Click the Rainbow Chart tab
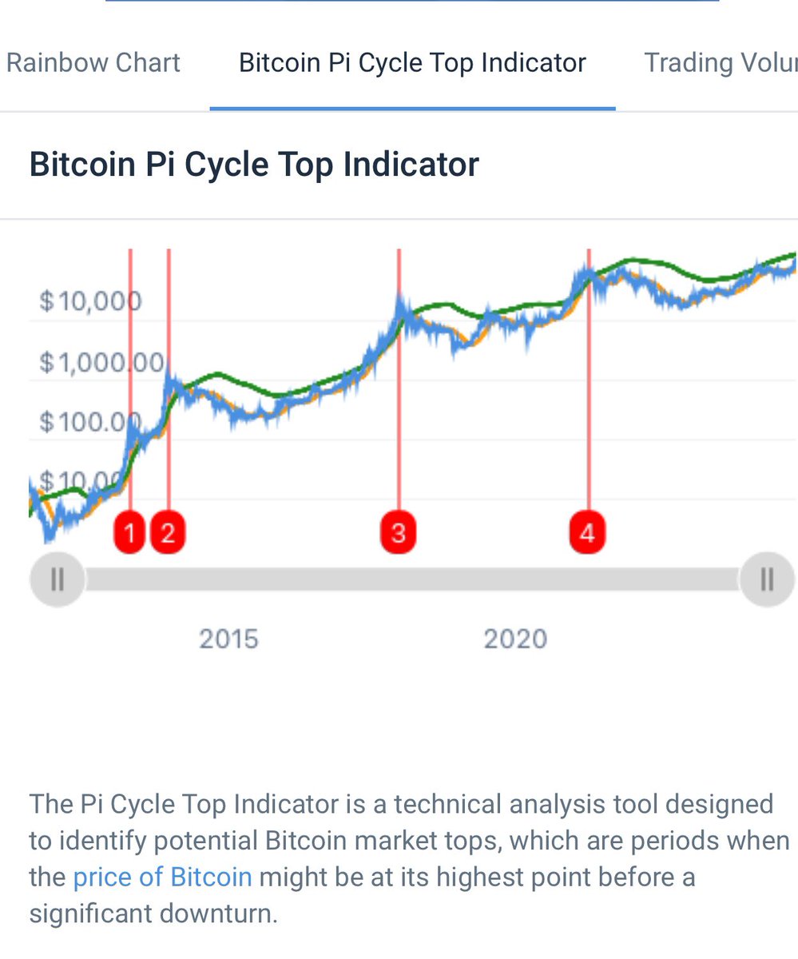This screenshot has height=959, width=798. pyautogui.click(x=93, y=63)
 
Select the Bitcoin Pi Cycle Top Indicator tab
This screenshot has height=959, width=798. pyautogui.click(x=412, y=63)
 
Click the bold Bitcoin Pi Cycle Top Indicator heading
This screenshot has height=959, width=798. pyautogui.click(x=254, y=165)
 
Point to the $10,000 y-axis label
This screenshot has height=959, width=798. pyautogui.click(x=90, y=302)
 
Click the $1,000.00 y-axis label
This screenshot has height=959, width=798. pyautogui.click(x=101, y=363)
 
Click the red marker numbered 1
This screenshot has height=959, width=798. pyautogui.click(x=130, y=532)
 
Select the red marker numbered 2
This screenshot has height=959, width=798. pyautogui.click(x=168, y=532)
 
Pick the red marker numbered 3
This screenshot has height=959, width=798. pyautogui.click(x=399, y=532)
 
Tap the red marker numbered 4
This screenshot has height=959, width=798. pyautogui.click(x=588, y=532)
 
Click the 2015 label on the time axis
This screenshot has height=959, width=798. pyautogui.click(x=228, y=639)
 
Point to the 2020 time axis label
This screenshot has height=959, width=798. pyautogui.click(x=515, y=639)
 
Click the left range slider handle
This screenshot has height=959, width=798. pyautogui.click(x=57, y=579)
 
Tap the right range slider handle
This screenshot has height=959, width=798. pyautogui.click(x=767, y=579)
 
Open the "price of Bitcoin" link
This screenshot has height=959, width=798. pyautogui.click(x=162, y=877)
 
